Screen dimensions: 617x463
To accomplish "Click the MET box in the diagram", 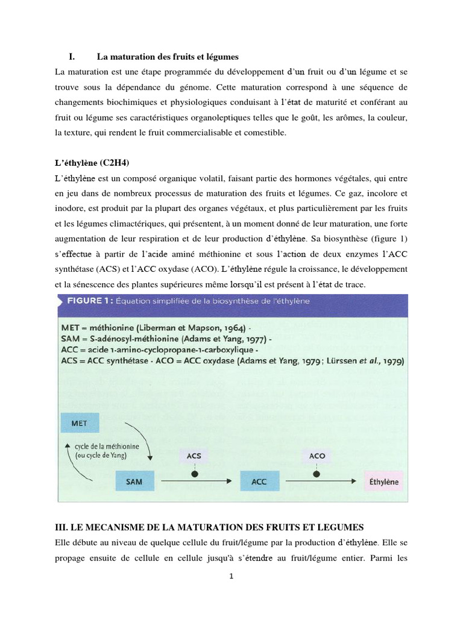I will pyautogui.click(x=79, y=423).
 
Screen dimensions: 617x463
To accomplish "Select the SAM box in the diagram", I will pyautogui.click(x=134, y=482).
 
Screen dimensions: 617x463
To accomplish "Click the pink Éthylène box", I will pyautogui.click(x=383, y=482).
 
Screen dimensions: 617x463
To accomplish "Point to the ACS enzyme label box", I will pyautogui.click(x=194, y=456).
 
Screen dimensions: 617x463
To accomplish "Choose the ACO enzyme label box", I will pyautogui.click(x=317, y=456).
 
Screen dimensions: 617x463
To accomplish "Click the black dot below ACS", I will pyautogui.click(x=194, y=474).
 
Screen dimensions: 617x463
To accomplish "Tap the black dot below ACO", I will pyautogui.click(x=317, y=474).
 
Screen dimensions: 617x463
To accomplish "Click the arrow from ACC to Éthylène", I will pyautogui.click(x=320, y=482).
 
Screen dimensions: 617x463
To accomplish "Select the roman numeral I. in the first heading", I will pyautogui.click(x=71, y=57).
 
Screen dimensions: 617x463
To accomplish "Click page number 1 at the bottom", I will pyautogui.click(x=231, y=575).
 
